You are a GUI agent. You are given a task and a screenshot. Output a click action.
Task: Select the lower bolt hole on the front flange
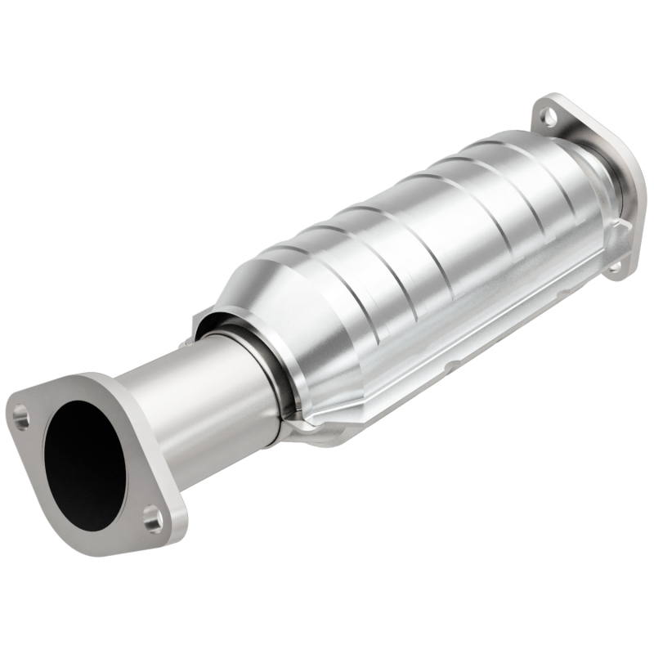(x=152, y=516)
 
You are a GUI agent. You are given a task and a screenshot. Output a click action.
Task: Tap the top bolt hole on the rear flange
(x=549, y=118)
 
